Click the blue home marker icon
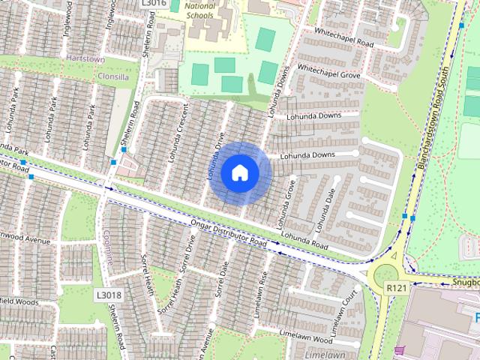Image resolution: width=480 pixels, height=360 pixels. click(239, 173)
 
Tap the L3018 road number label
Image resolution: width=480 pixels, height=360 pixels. click(108, 295)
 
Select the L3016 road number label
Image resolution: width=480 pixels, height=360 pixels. click(153, 3)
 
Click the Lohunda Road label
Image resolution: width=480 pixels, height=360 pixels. click(306, 240)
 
